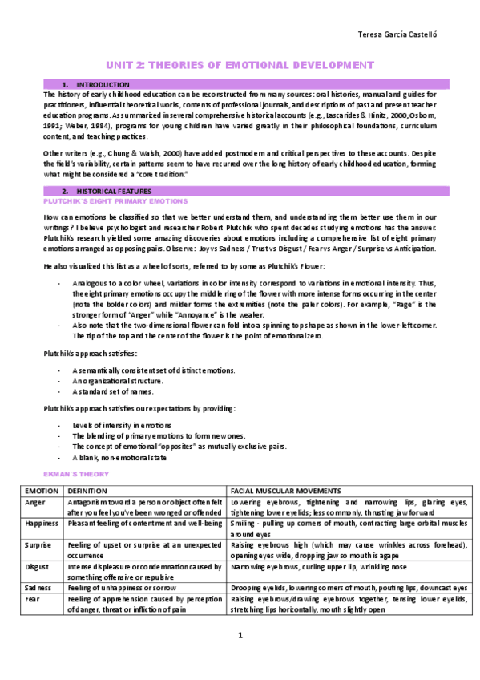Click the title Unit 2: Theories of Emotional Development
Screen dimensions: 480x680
(x=240, y=64)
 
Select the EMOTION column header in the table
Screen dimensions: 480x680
(x=41, y=490)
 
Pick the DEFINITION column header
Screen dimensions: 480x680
(x=88, y=490)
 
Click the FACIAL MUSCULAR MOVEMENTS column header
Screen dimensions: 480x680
(x=285, y=490)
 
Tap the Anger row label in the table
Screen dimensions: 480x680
(x=34, y=501)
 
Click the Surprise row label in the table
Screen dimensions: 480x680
(x=38, y=545)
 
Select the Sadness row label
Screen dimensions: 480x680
(x=38, y=588)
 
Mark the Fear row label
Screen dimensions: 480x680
(x=32, y=599)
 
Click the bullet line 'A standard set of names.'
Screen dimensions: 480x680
(x=112, y=391)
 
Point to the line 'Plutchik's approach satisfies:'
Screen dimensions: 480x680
(x=79, y=354)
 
